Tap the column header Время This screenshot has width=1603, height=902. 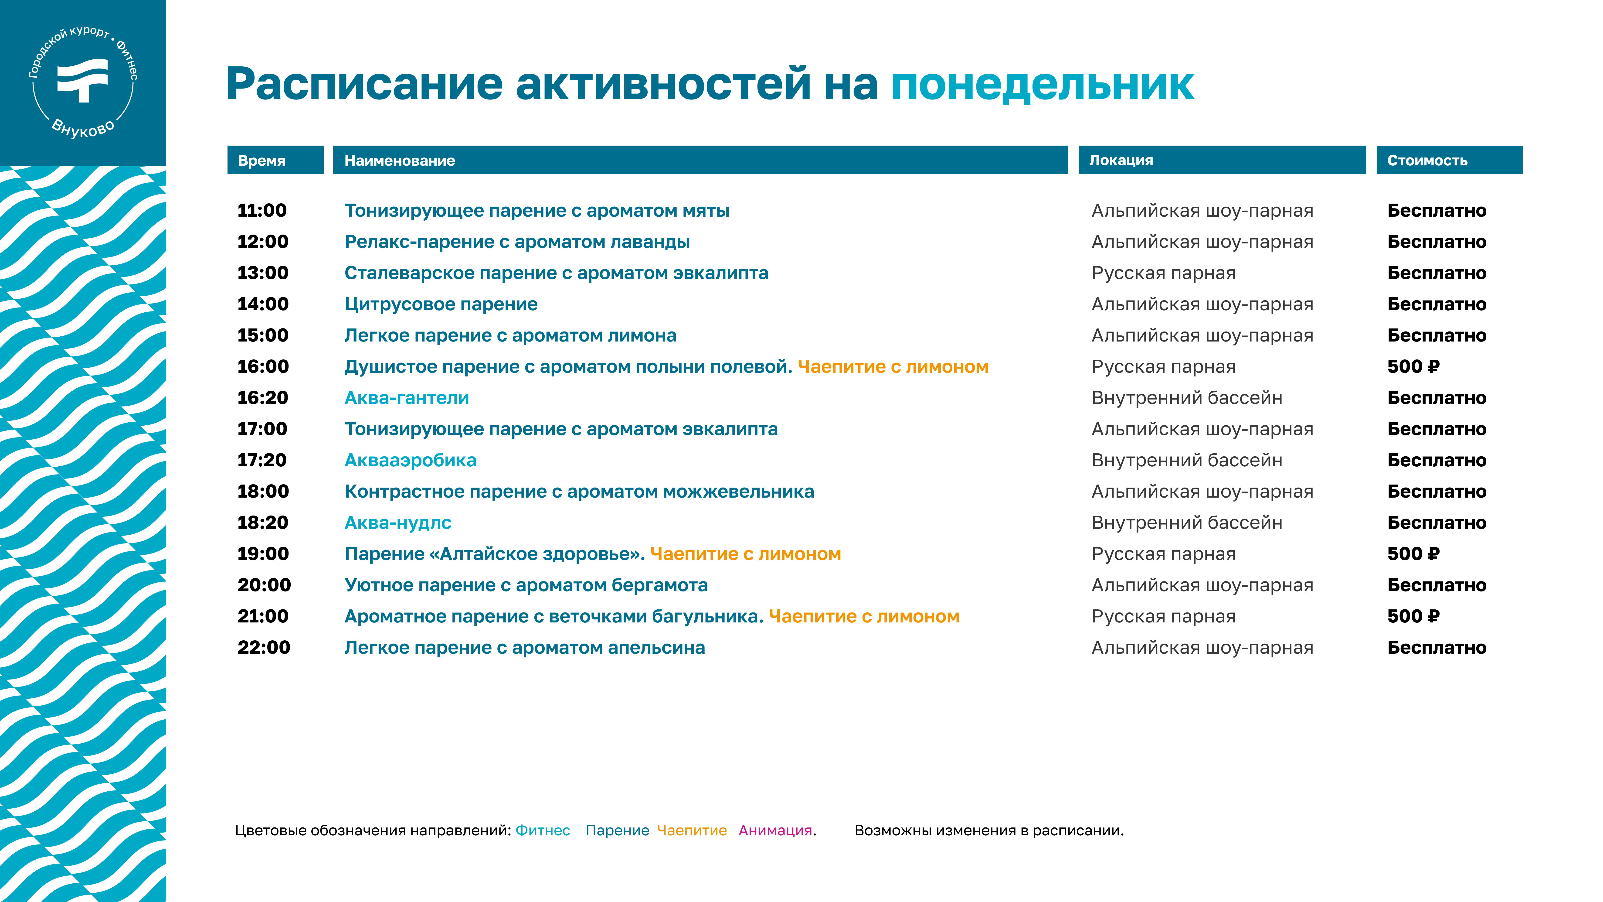(261, 161)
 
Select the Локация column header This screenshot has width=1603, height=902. (1121, 161)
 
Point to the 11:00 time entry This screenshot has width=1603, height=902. (262, 210)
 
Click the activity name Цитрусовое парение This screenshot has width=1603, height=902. (441, 304)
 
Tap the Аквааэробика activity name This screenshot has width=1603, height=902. (411, 460)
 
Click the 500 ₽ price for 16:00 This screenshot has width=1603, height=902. (1413, 367)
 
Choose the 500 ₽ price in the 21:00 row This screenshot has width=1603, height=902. (1413, 616)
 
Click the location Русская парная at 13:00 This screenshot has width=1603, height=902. (1164, 273)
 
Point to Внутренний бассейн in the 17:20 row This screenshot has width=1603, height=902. (1187, 460)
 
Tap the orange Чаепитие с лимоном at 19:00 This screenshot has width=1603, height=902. (745, 554)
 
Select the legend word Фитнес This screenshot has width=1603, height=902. (543, 830)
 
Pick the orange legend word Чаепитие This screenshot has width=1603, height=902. (692, 830)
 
